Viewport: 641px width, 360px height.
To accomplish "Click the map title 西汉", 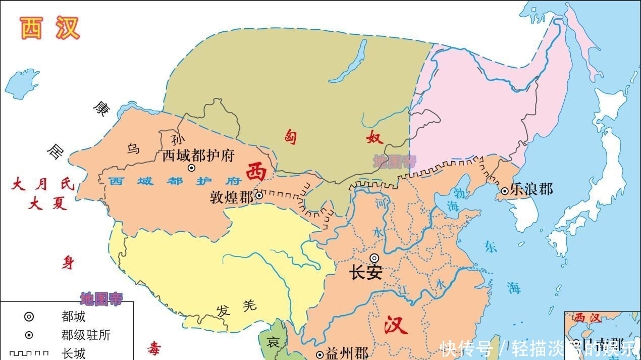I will pyautogui.click(x=50, y=28).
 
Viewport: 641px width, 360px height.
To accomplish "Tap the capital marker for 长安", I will pyautogui.click(x=374, y=258).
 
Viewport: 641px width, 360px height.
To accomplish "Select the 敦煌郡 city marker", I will pyautogui.click(x=259, y=195).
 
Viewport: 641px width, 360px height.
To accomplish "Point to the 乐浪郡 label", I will pyautogui.click(x=531, y=190).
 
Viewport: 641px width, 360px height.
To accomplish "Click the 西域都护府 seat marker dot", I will pyautogui.click(x=191, y=168).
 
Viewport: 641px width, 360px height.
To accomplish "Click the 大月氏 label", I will pyautogui.click(x=43, y=185).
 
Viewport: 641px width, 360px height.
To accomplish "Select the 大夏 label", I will pyautogui.click(x=48, y=203).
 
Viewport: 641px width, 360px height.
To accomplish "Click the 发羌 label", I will pyautogui.click(x=236, y=307).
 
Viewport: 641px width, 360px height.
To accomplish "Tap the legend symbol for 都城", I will pyautogui.click(x=29, y=317).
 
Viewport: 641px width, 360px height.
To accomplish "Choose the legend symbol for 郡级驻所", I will pyautogui.click(x=29, y=335).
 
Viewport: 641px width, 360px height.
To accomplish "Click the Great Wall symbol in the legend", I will pyautogui.click(x=29, y=353).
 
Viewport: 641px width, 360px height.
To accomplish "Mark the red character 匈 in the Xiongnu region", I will pyautogui.click(x=291, y=136).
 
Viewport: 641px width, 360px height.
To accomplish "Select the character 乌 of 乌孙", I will pyautogui.click(x=133, y=148).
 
